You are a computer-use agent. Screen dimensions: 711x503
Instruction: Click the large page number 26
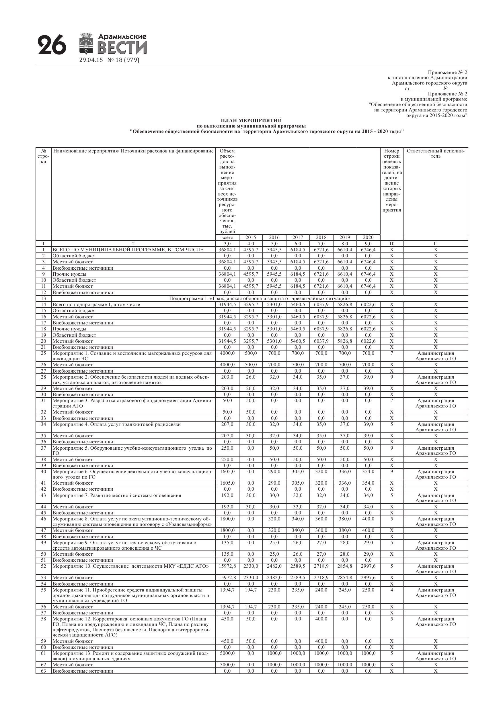click(x=52, y=45)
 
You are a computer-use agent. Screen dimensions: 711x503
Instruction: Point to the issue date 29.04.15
click(x=91, y=60)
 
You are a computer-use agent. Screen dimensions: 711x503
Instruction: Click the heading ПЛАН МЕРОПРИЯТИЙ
click(x=251, y=120)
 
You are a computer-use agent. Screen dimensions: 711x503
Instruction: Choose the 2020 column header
click(x=368, y=238)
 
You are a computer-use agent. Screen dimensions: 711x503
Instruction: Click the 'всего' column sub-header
click(x=227, y=238)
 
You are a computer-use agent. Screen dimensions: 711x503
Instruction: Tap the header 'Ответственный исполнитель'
click(x=435, y=154)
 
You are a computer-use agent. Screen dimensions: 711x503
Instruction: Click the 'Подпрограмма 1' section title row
click(x=260, y=299)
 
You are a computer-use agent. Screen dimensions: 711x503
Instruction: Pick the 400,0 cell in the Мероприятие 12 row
click(x=321, y=619)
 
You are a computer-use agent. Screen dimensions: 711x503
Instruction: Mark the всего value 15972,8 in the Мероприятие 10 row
click(x=227, y=566)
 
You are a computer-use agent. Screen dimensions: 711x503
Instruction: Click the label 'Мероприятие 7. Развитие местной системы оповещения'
click(x=116, y=495)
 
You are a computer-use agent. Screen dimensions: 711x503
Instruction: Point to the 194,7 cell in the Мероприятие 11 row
click(x=251, y=590)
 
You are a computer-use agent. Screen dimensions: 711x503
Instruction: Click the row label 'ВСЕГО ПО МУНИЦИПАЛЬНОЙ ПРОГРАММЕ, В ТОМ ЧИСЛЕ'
click(x=128, y=250)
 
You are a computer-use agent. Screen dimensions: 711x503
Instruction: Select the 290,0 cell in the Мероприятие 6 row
click(x=274, y=472)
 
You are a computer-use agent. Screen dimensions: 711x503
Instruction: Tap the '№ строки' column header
click(x=43, y=156)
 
